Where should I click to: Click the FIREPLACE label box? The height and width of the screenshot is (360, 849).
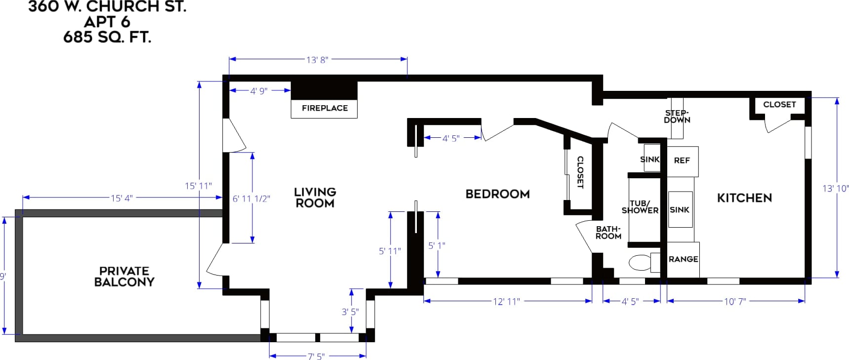coord(324,108)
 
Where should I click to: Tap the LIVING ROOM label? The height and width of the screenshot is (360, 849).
coord(315,198)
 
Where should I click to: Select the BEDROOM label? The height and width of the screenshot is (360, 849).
coord(497,194)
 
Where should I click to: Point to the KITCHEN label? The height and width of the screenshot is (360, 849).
coord(744,198)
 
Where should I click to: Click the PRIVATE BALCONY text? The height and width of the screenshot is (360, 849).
coord(124,277)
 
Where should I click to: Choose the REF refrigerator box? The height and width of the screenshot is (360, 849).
coord(683,161)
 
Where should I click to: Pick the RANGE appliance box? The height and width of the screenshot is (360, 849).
coord(684,259)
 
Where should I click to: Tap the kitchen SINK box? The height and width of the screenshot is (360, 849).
coord(680,209)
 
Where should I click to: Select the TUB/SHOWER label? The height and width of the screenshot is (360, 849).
coord(640,207)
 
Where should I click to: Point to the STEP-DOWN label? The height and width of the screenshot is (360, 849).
coord(677,117)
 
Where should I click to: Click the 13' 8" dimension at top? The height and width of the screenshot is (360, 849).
coord(317,60)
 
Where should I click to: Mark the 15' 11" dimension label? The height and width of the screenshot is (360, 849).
coord(198,186)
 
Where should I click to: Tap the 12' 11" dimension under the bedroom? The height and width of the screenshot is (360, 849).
coord(507,301)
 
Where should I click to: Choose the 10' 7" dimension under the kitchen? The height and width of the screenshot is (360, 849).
coord(735,301)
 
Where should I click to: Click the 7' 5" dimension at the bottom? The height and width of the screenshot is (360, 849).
coord(317,356)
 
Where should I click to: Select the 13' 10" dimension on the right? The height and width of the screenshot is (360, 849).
coord(836,188)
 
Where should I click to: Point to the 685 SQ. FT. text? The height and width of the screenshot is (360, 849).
coord(107,37)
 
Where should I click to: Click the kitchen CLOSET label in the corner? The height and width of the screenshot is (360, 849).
coord(779,104)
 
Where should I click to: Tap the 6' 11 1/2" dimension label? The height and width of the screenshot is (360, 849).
coord(251,199)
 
